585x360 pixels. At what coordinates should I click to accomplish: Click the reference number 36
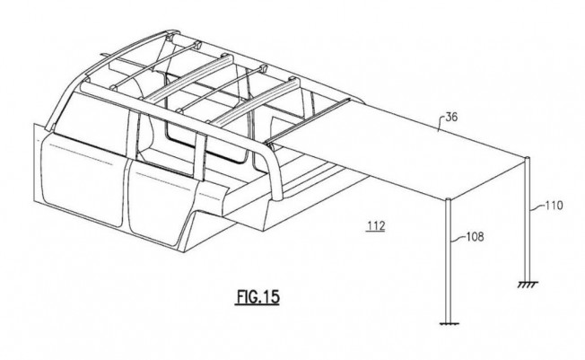tap(451, 118)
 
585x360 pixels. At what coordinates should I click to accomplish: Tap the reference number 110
tap(554, 206)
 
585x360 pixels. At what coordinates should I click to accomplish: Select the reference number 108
tap(475, 237)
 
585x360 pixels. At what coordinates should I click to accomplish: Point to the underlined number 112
tap(376, 226)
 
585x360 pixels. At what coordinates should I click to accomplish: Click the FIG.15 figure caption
tap(258, 297)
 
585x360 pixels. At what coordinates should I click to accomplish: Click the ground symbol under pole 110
tap(528, 285)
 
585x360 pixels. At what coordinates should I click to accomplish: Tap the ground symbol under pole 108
tap(450, 323)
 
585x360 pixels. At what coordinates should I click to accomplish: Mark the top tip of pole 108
tap(449, 199)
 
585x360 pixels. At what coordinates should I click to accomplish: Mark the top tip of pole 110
tap(528, 158)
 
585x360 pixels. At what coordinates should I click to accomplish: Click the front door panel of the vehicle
tap(80, 180)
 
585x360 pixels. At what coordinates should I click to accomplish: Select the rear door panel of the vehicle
tap(164, 204)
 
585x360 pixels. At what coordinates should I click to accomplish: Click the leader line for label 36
tap(441, 124)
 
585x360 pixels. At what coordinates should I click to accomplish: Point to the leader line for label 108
tap(458, 239)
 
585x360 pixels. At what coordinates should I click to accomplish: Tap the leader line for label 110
tap(538, 207)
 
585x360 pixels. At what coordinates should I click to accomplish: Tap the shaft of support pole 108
tap(449, 261)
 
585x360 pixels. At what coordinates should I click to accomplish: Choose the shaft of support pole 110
tap(528, 220)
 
